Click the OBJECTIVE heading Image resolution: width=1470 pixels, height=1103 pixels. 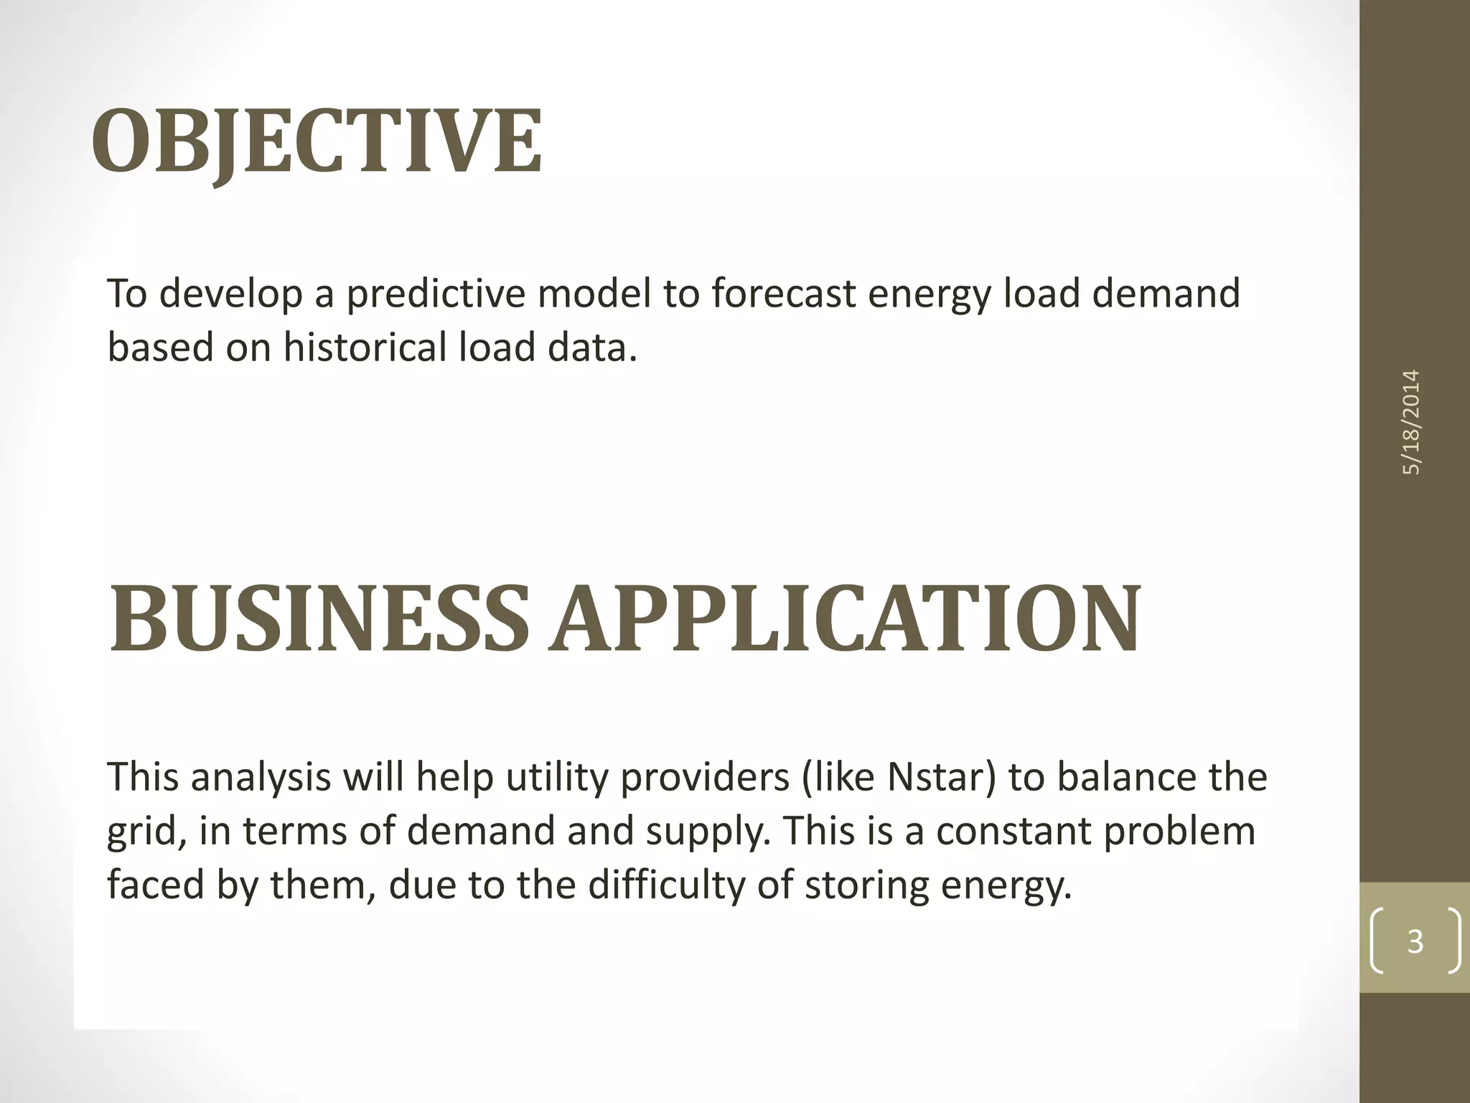[317, 141]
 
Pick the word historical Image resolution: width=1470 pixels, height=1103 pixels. [365, 348]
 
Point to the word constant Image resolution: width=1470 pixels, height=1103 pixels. [1013, 831]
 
